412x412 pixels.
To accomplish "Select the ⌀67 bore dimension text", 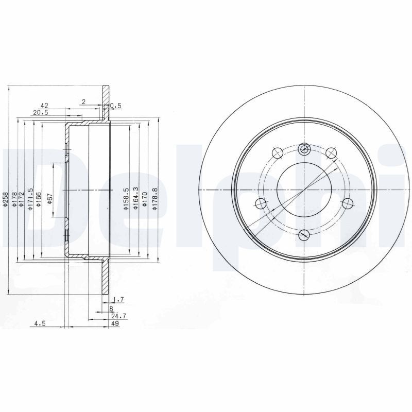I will pos(49,198).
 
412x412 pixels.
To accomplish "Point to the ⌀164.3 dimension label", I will pos(135,200).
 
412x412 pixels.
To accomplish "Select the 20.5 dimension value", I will pos(41,113).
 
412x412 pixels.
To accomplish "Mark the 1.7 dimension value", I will pos(118,299).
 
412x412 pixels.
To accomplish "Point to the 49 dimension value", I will pos(115,323).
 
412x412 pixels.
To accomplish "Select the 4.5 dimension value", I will pos(40,323).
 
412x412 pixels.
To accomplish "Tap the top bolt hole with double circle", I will pos(304,149).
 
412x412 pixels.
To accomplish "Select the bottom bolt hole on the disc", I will pos(304,235).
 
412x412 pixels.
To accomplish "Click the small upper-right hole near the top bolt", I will pos(331,151).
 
